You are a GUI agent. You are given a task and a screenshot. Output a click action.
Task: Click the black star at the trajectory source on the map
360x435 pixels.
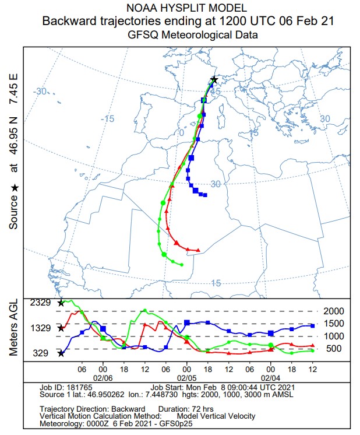click(214, 79)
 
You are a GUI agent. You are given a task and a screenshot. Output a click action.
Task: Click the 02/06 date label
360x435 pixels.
click(103, 378)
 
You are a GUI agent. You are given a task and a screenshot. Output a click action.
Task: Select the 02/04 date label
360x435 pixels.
click(271, 378)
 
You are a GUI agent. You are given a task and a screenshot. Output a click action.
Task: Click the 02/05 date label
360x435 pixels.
click(186, 378)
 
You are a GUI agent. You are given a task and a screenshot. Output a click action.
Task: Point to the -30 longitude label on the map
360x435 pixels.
click(40, 92)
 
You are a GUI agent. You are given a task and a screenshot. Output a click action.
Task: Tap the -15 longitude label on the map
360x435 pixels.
click(107, 119)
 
